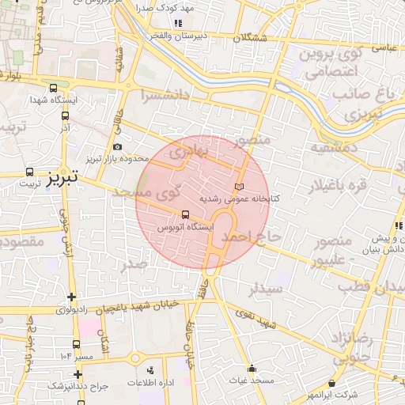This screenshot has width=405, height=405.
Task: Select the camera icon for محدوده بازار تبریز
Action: click(118, 146)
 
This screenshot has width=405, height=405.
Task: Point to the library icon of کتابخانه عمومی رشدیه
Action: click(240, 185)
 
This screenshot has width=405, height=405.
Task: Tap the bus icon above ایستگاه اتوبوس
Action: click(185, 214)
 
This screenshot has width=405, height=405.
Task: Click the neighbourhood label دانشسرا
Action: click(165, 96)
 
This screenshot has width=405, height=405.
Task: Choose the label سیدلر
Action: click(265, 290)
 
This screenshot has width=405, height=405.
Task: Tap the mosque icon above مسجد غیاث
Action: click(252, 368)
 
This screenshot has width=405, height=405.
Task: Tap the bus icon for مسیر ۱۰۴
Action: click(76, 344)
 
